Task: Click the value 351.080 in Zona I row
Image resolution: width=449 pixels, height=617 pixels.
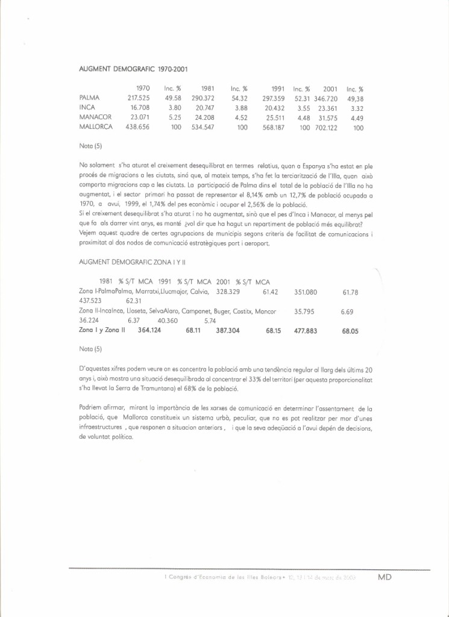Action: click(306, 292)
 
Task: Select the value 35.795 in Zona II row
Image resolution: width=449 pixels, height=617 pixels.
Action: click(306, 312)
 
